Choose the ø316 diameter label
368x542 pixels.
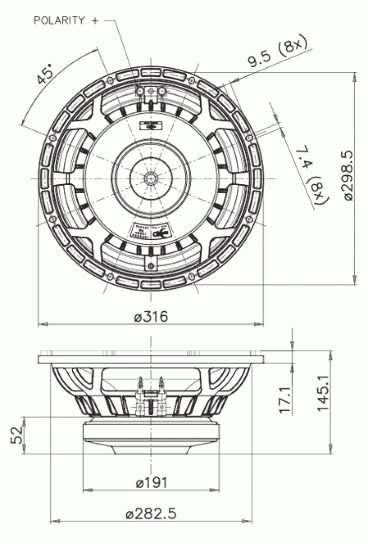coord(151,317)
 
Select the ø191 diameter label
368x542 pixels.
coord(151,483)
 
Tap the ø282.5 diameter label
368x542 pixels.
coord(151,514)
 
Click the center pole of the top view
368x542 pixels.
coord(150,178)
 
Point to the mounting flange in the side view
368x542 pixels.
coord(151,359)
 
